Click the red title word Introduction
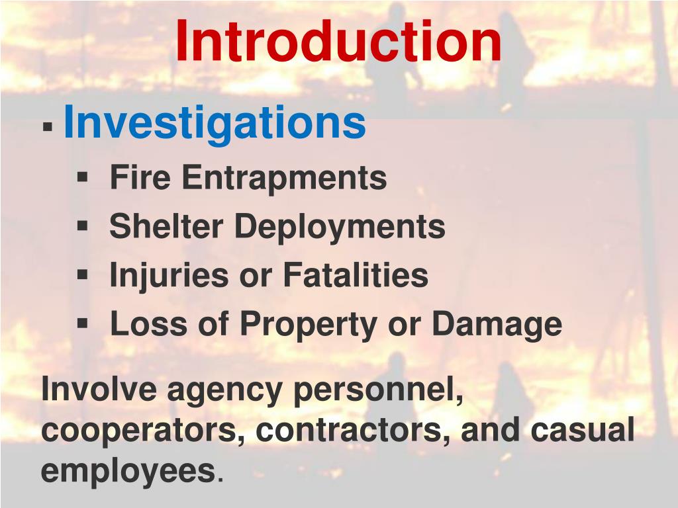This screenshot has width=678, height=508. (x=338, y=41)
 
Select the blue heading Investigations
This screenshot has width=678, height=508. (x=214, y=122)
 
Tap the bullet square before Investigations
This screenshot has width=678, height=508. (x=47, y=126)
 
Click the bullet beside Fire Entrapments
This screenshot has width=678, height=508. (x=83, y=177)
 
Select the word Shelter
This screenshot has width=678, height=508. (x=166, y=226)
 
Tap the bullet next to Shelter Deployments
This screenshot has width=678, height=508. (x=83, y=225)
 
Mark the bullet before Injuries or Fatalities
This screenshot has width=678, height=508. (x=83, y=274)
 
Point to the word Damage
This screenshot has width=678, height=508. (x=497, y=324)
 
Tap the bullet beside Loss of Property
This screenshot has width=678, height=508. (x=83, y=323)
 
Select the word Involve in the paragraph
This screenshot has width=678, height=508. (x=97, y=389)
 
